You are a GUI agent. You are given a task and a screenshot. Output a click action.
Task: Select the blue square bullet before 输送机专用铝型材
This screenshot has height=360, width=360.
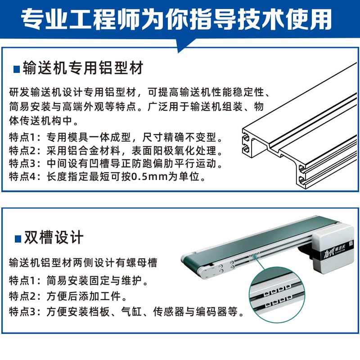(x=17, y=69)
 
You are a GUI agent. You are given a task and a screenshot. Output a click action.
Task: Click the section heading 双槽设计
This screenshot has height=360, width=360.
(x=54, y=237)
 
